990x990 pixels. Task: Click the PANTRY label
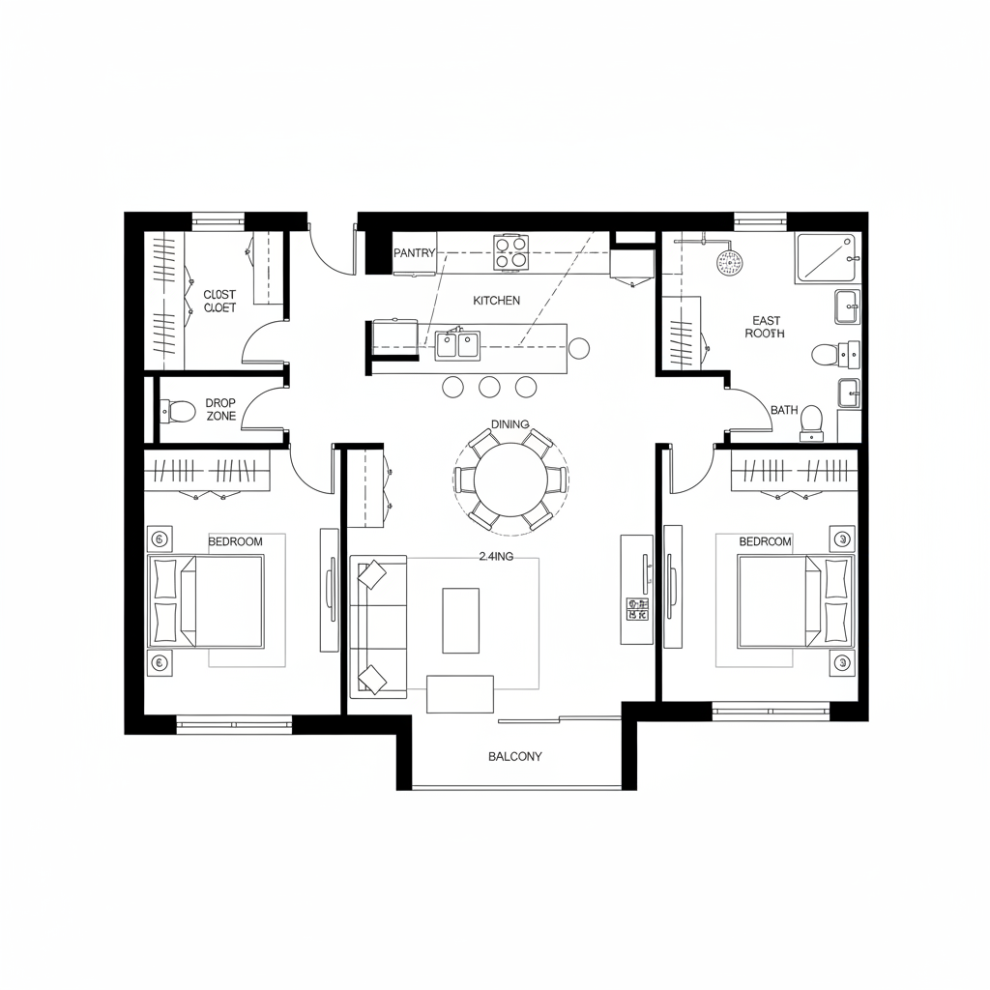pos(415,252)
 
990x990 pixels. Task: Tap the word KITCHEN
pos(497,301)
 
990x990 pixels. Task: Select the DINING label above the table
pos(510,424)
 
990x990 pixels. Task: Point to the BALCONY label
pos(515,756)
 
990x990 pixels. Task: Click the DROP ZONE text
pos(220,409)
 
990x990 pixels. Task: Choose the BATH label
pos(784,410)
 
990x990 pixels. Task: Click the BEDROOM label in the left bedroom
pos(235,541)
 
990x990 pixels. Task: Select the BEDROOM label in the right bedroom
pos(765,541)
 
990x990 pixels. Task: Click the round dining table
pos(510,480)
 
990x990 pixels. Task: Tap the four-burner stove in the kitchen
pos(511,251)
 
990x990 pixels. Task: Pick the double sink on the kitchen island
pos(457,343)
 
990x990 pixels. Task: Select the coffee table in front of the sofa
pos(460,620)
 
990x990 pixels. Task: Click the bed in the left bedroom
pos(207,601)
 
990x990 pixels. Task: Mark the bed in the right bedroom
pos(794,601)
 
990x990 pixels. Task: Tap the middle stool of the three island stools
pos(489,387)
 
